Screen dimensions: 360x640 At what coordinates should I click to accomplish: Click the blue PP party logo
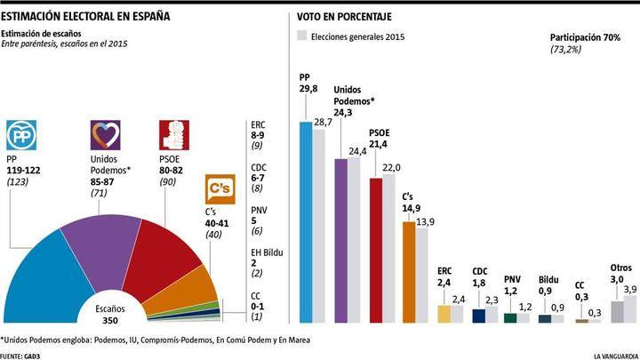click(22, 135)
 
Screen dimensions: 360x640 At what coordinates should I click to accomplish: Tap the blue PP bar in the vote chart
click(306, 222)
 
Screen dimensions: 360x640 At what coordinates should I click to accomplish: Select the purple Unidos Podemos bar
click(340, 240)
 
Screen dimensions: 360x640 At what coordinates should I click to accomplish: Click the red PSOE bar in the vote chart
click(375, 249)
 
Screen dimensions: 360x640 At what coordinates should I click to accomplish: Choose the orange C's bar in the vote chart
click(409, 271)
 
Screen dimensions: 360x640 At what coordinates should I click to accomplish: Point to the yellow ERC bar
click(444, 313)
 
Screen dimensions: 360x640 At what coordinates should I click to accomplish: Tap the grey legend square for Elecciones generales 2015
click(301, 37)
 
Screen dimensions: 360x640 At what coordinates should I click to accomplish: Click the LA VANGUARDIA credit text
click(613, 355)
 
